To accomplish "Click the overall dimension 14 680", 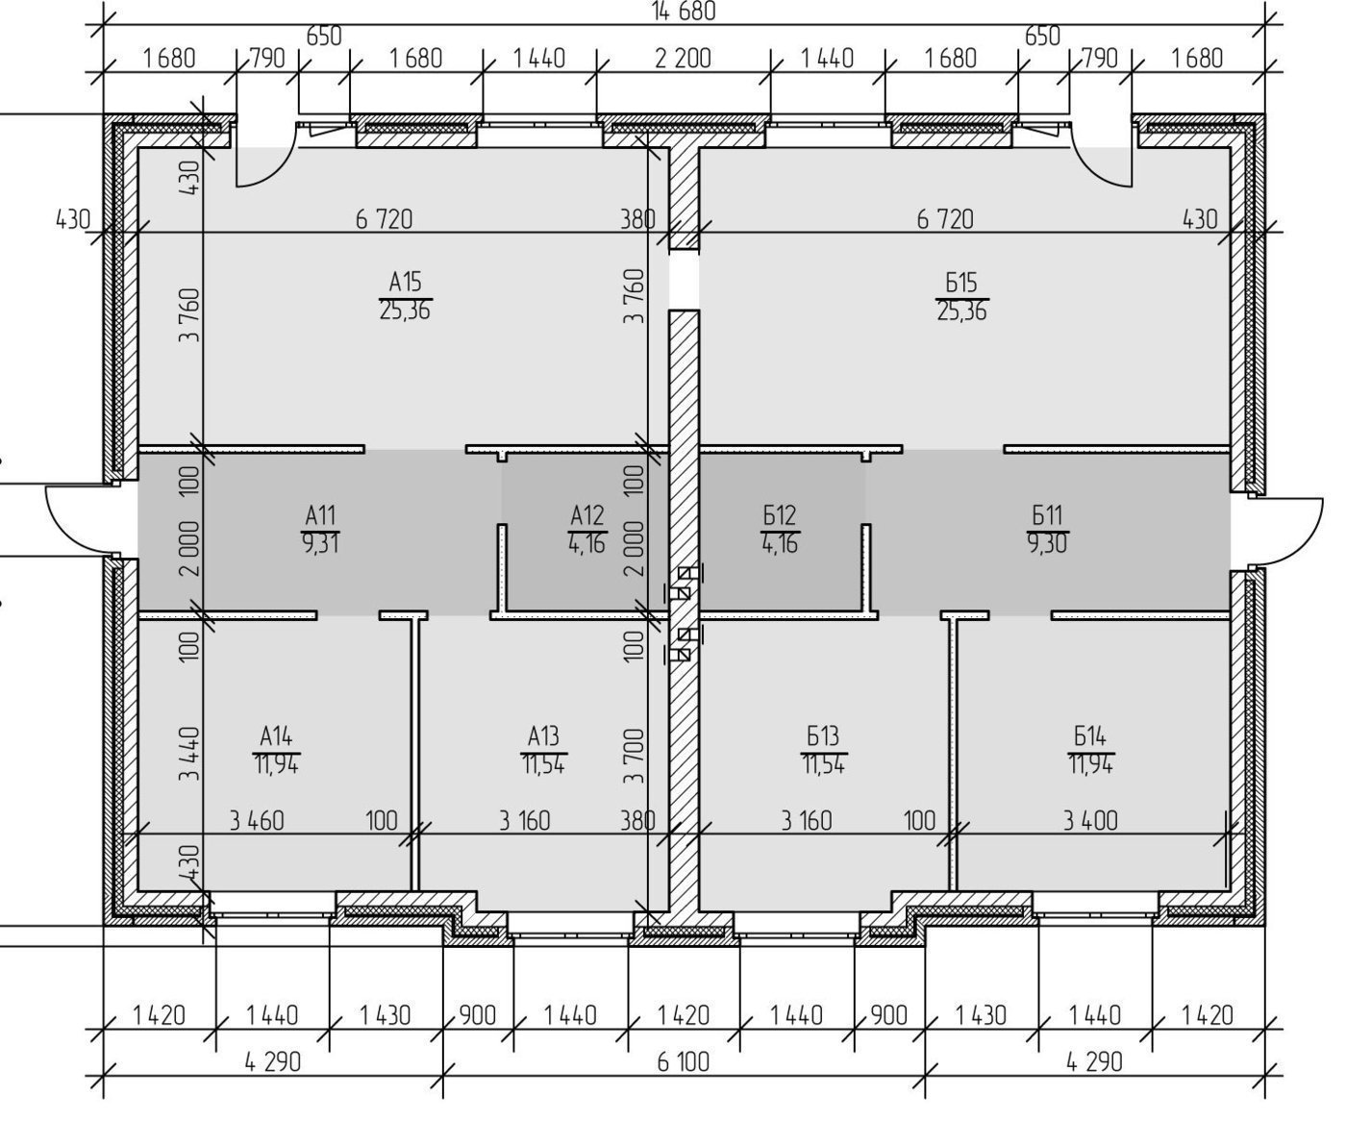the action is point(684,11).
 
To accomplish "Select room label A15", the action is point(405,282).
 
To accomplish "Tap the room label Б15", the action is point(961,283).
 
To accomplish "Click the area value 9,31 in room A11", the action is point(320,544).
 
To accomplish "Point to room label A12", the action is point(587,515).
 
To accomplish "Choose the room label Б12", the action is point(780,515).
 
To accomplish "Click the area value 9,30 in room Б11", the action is point(1047,544).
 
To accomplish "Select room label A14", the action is point(276,735).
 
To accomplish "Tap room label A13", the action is point(543,735).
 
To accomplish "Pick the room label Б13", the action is point(823,735).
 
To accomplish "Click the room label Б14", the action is point(1090,735).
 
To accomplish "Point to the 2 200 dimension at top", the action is point(683,59).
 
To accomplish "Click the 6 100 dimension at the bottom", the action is point(683,1061).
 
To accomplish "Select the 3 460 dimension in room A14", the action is point(257,821).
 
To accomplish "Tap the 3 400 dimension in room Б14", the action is point(1090,821).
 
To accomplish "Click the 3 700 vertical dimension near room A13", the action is point(635,756).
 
